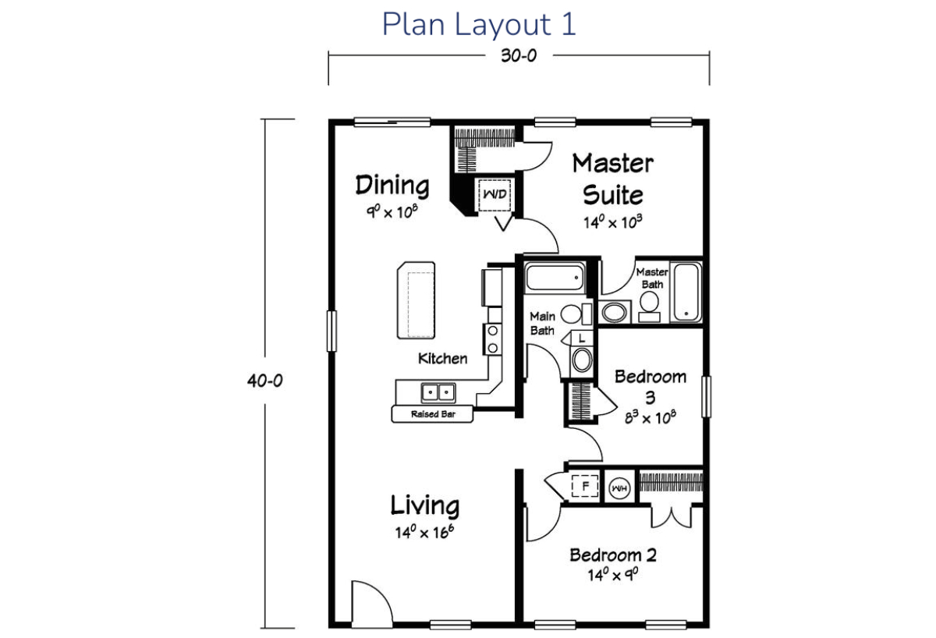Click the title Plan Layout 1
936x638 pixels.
[479, 24]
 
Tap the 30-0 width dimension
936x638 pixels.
[519, 55]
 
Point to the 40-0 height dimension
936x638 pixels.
[265, 381]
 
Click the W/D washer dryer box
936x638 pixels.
[495, 195]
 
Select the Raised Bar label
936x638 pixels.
[433, 414]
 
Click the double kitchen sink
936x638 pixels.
[438, 392]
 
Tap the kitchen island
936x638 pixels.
[417, 300]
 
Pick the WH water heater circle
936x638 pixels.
[619, 488]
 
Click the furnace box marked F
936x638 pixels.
[585, 486]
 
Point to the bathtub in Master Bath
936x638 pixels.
[686, 292]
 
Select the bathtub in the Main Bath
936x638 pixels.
[555, 276]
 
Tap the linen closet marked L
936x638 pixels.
[582, 338]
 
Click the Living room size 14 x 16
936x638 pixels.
[424, 532]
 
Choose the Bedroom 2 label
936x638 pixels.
[613, 555]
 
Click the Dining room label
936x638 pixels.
[392, 185]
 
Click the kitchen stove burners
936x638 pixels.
[493, 339]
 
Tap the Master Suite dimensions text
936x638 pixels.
[613, 222]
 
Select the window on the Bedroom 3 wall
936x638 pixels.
[706, 396]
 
